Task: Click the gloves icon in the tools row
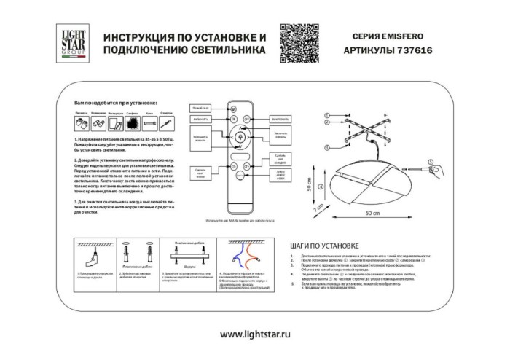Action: coord(82,122)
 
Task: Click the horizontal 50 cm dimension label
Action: coord(372,213)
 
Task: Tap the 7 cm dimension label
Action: coord(318,209)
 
